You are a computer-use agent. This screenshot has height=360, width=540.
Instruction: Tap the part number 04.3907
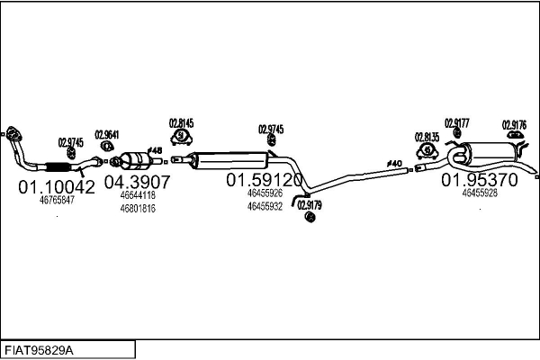(x=138, y=181)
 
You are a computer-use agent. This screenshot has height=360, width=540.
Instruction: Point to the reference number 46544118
(x=138, y=194)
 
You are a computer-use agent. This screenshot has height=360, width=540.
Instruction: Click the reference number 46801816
(x=138, y=209)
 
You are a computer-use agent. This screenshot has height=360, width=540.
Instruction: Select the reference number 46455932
(x=265, y=206)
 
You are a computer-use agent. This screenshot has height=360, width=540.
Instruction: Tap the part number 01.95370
(x=479, y=179)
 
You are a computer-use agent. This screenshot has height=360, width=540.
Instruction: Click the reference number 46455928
(x=479, y=193)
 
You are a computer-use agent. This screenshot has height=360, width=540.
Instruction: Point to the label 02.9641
(x=106, y=135)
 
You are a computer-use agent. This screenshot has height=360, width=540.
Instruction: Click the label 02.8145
(x=182, y=122)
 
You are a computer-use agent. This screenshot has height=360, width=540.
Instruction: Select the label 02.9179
(x=309, y=205)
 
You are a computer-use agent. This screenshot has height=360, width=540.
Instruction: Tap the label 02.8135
(x=427, y=137)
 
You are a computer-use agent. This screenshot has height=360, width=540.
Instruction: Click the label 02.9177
(x=456, y=123)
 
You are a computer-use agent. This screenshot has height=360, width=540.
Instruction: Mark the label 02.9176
(x=514, y=125)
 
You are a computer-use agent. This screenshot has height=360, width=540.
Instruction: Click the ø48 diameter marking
(x=154, y=149)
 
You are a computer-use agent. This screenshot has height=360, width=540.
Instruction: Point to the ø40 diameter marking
(x=393, y=163)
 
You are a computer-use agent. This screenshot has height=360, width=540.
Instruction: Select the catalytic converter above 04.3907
(x=136, y=161)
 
